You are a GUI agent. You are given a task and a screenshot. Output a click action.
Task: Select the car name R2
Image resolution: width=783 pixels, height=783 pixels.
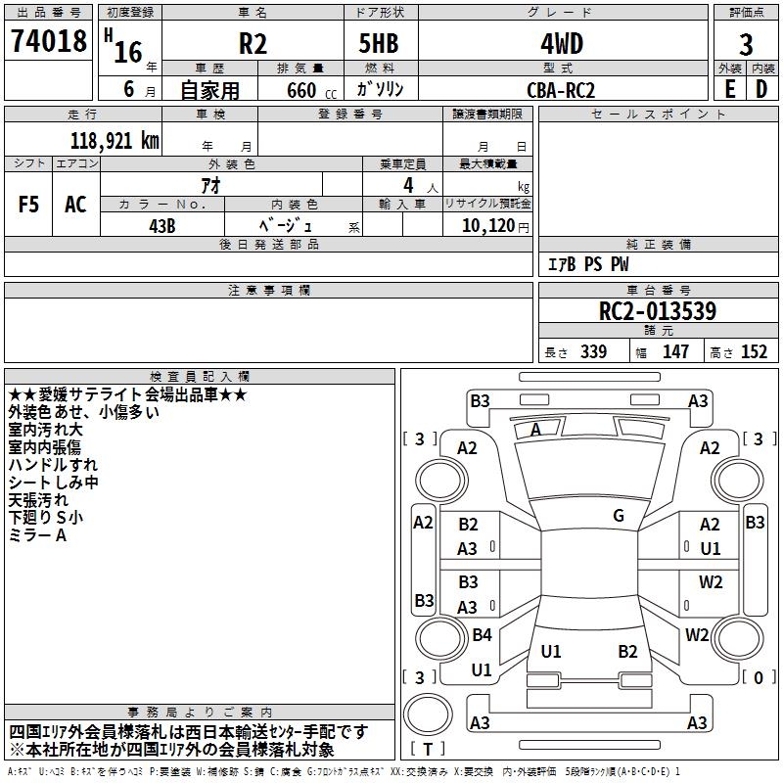tap(253, 45)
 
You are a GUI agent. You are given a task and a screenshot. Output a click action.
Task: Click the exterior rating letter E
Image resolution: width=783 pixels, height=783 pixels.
tap(729, 89)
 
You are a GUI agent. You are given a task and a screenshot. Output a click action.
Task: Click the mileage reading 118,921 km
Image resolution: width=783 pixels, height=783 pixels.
tap(115, 140)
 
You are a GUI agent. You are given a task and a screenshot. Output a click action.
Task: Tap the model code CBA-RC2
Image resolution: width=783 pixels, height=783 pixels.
tap(561, 90)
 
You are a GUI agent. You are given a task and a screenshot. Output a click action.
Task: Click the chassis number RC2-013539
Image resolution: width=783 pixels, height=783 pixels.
tap(657, 312)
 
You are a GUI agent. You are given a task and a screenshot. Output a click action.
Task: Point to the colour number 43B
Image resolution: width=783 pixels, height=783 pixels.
tap(161, 224)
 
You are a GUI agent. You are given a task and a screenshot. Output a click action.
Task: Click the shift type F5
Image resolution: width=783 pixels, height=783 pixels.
tap(28, 205)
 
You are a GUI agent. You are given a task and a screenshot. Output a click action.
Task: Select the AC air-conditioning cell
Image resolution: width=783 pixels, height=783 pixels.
tap(75, 205)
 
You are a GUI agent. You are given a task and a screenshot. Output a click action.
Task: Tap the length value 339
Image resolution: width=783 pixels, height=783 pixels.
tap(592, 352)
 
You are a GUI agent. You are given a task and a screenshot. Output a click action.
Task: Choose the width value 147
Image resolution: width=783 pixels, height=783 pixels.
tap(675, 352)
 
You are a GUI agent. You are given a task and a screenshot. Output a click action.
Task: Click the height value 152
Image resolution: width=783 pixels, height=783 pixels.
tap(754, 352)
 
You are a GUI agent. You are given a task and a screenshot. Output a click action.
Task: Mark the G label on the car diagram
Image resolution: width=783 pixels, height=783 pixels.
tap(619, 516)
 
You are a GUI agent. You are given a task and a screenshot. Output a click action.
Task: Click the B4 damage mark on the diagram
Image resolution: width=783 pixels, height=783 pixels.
tap(482, 634)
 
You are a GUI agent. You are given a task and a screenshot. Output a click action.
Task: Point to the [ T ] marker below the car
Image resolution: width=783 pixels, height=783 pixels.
tap(429, 750)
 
